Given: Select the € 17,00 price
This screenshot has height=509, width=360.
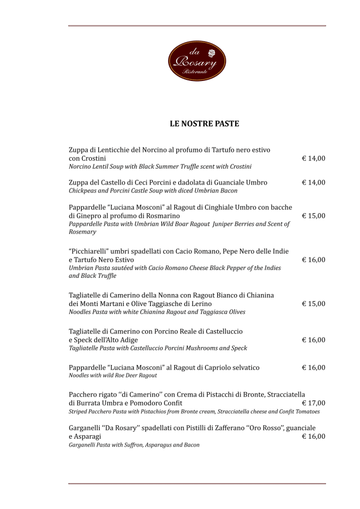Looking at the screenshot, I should [x=313, y=403].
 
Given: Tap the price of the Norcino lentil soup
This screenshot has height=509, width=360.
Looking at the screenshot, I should [x=313, y=159].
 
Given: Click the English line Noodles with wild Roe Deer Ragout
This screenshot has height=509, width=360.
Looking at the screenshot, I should [x=112, y=376].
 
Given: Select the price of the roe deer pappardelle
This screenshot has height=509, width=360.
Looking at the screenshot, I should [x=313, y=368].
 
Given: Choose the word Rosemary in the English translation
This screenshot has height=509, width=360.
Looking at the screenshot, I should [x=82, y=232].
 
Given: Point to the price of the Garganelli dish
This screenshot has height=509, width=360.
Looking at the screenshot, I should [x=313, y=436].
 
